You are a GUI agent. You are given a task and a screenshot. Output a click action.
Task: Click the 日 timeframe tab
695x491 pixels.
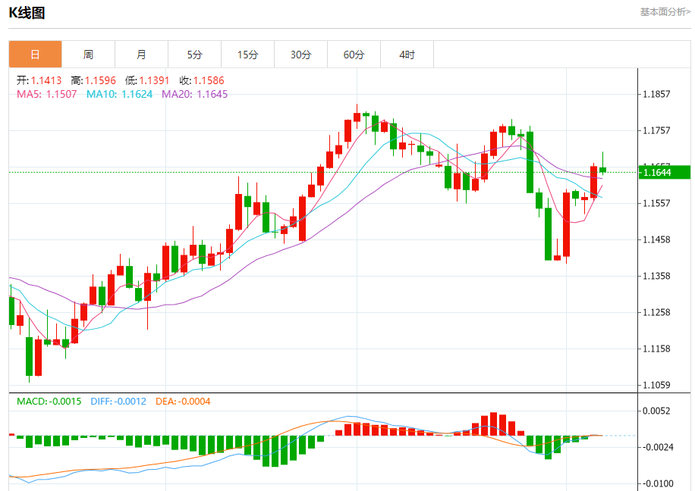(x=35, y=55)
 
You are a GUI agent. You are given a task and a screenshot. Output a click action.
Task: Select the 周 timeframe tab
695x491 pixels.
(x=88, y=55)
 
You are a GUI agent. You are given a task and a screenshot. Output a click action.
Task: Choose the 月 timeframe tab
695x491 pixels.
(x=141, y=55)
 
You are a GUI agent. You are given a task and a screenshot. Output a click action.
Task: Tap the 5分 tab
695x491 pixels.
(x=195, y=55)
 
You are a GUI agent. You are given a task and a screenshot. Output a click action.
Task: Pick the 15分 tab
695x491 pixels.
(x=247, y=55)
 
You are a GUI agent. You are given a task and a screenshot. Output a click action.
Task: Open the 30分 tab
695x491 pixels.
(x=300, y=55)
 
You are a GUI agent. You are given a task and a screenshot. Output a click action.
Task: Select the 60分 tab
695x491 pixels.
(x=354, y=55)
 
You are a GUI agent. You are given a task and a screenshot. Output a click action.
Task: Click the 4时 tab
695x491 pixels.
(x=407, y=55)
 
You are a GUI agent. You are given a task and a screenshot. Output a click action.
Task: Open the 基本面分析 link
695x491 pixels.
(x=665, y=11)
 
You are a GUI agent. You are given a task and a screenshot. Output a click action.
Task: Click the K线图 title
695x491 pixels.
(x=27, y=13)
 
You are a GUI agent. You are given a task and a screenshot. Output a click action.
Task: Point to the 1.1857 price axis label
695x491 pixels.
(x=656, y=95)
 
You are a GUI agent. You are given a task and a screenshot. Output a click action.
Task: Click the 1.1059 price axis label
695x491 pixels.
(x=656, y=385)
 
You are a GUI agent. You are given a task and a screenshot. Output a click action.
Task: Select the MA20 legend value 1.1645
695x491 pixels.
(x=212, y=94)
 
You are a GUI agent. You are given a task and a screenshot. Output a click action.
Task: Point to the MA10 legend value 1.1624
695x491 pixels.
(x=137, y=94)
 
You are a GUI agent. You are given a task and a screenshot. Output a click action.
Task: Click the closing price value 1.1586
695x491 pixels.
(x=209, y=80)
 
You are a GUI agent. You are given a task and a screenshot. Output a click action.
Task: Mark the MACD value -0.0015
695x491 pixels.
(x=64, y=401)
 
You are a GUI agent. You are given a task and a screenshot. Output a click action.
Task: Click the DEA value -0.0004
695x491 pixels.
(x=194, y=401)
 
